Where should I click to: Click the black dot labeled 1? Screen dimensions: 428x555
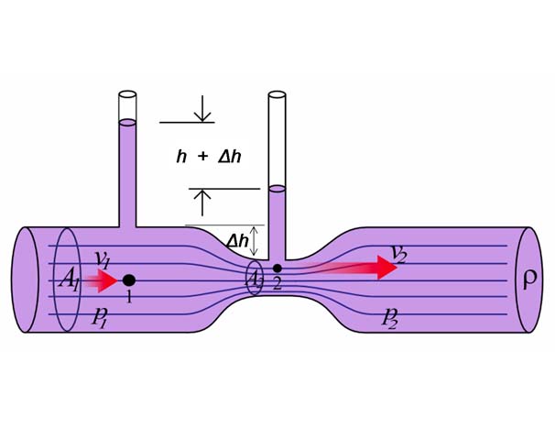click(129, 280)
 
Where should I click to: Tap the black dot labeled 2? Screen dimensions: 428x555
click(277, 268)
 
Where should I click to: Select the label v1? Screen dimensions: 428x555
click(102, 259)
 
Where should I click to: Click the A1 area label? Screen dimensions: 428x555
click(70, 280)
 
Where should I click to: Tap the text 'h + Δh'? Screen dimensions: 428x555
click(209, 157)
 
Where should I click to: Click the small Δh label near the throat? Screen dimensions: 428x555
click(237, 242)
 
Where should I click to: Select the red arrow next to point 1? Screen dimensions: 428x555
click(103, 280)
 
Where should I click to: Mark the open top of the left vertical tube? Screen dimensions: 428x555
click(128, 94)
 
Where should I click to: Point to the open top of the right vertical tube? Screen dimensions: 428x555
click(277, 93)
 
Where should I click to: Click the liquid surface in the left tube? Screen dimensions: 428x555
click(128, 122)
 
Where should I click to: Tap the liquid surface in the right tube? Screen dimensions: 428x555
click(277, 189)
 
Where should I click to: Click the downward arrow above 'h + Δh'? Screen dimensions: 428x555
click(201, 110)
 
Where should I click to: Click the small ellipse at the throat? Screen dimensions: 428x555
click(255, 278)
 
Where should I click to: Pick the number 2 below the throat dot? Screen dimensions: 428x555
click(277, 284)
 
